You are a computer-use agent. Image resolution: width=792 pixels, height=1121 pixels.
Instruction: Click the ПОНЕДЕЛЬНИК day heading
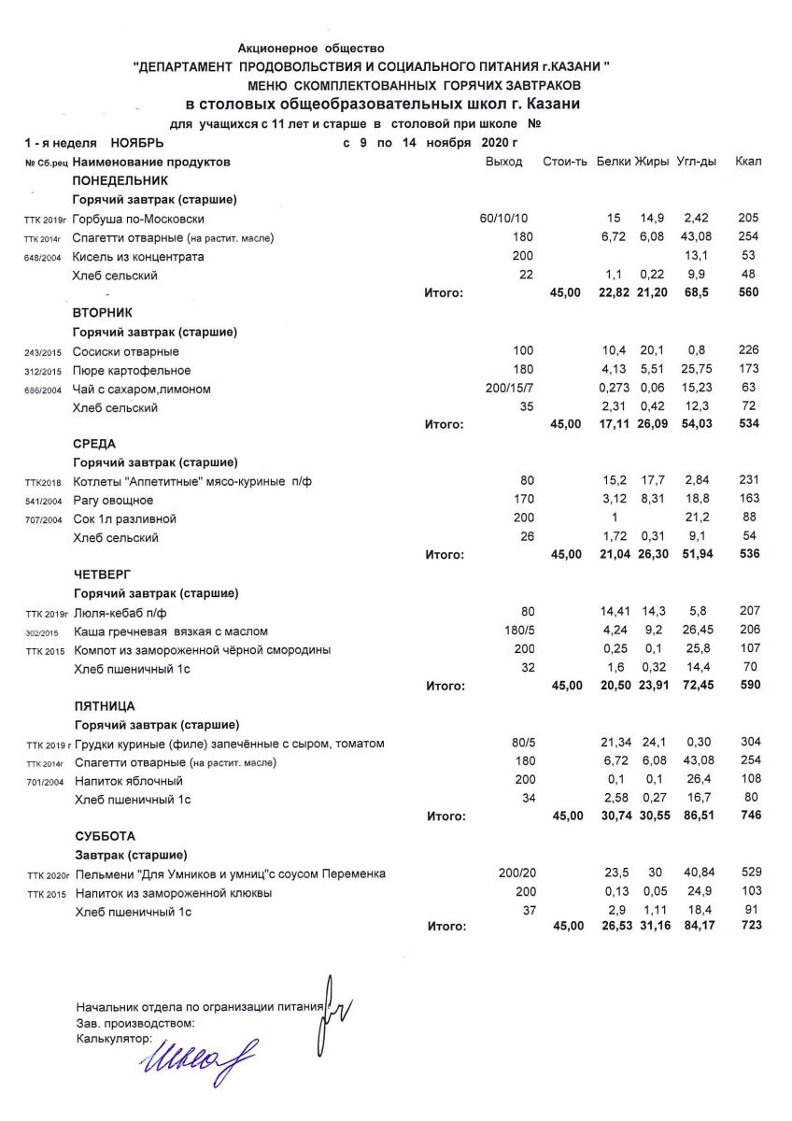[x=120, y=180]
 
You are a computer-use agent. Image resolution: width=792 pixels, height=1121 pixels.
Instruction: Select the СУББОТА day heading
[x=104, y=836]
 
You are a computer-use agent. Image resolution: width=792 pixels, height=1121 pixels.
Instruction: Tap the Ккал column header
[x=748, y=162]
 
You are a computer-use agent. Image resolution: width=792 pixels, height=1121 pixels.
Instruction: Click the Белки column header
[x=614, y=162]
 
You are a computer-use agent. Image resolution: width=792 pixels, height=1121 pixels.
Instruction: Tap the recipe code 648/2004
[x=44, y=257]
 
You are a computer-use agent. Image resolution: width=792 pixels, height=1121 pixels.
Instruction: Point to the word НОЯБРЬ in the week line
[x=136, y=143]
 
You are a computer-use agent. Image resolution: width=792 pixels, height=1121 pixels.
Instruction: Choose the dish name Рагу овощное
[x=113, y=500]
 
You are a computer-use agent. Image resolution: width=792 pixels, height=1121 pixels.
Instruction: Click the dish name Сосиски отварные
[x=126, y=350]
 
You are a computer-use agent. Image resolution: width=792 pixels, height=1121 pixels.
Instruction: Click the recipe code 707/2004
[x=44, y=519]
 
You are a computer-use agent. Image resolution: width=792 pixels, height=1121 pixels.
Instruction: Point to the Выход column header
[x=504, y=162]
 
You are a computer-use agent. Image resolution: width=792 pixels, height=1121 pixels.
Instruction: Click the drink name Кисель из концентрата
[x=138, y=257]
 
